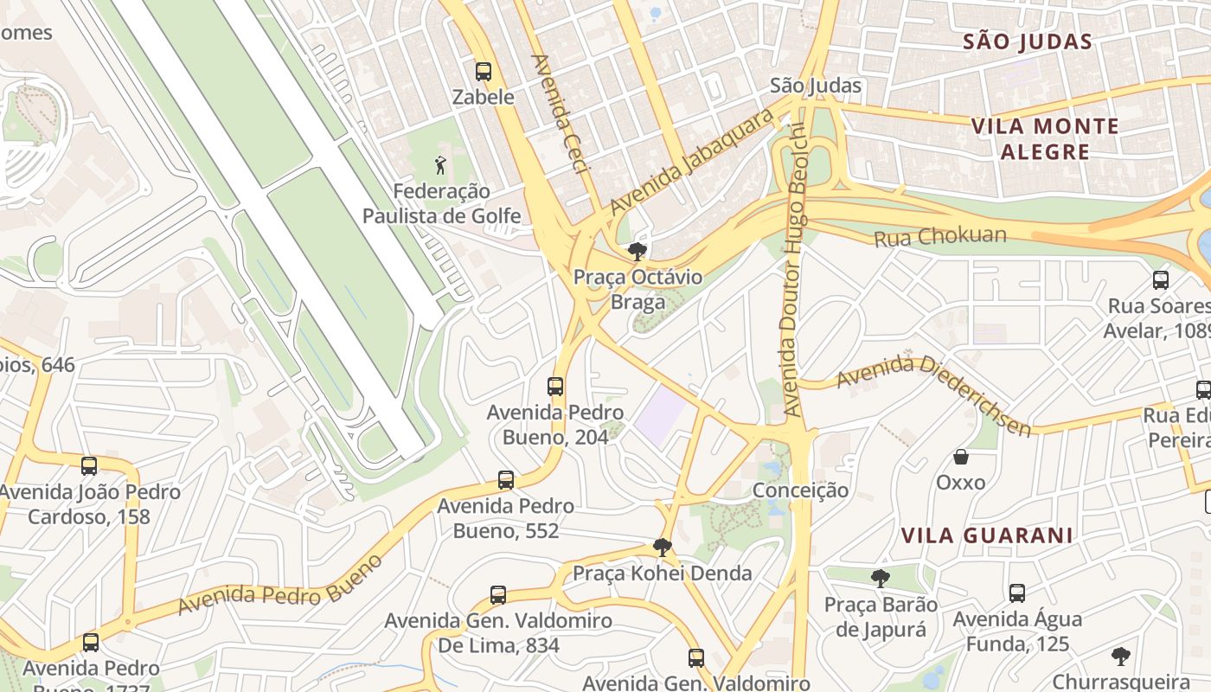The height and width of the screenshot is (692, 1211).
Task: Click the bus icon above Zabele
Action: point(484,72)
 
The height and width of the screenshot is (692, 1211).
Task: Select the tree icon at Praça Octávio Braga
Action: point(638,252)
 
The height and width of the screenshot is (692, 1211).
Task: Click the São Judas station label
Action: point(816,86)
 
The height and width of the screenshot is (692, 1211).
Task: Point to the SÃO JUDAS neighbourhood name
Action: point(1027,42)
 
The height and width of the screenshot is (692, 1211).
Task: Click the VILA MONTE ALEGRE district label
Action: point(1045,139)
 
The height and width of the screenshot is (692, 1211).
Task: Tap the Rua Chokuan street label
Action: point(940,236)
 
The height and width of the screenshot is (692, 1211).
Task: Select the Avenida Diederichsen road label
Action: point(932,394)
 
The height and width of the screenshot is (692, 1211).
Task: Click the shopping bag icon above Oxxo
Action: point(960,456)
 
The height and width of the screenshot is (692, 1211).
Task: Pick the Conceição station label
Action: point(800,490)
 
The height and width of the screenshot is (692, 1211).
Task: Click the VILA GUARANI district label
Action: point(987,535)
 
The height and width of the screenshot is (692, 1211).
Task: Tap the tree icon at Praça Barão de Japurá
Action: point(881,578)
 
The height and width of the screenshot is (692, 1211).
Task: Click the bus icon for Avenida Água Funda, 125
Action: point(1017,593)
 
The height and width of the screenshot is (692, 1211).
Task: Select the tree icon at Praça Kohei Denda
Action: point(663,547)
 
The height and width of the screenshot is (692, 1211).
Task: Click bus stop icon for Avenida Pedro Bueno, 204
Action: point(555,387)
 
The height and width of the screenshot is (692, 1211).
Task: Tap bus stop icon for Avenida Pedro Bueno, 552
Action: point(506,479)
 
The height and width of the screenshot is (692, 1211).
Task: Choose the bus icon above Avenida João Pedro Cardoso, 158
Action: point(89,466)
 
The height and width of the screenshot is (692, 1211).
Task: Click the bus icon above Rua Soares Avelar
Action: point(1161,280)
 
